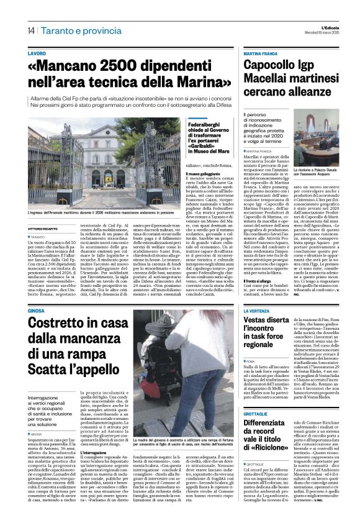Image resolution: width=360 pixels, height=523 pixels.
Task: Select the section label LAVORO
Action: (x=37, y=54)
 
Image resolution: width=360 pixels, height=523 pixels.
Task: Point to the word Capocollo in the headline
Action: (x=269, y=66)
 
